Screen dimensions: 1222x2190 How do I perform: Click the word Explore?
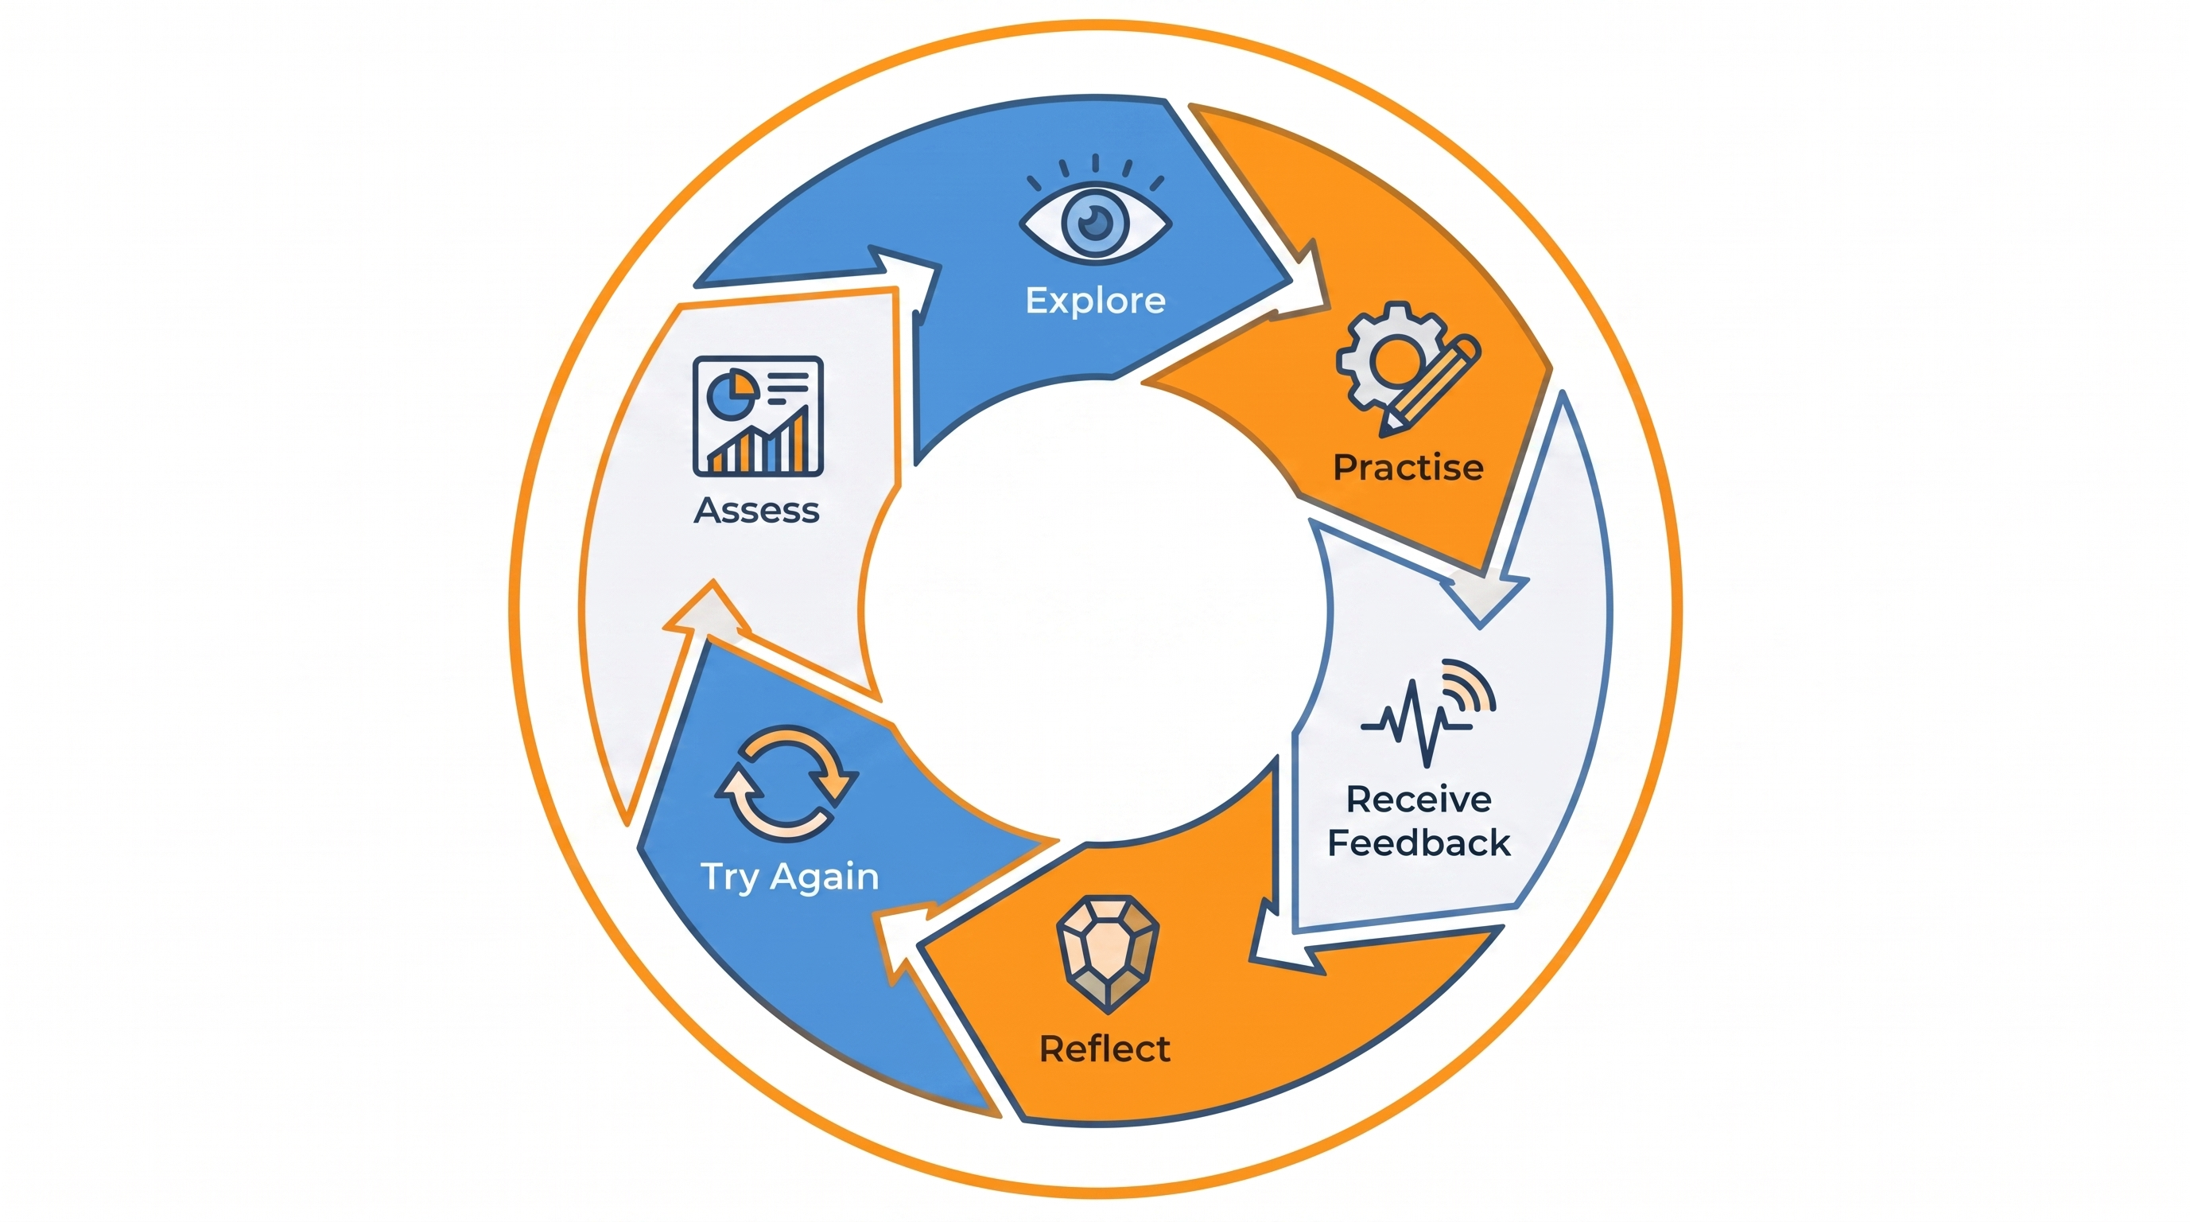[x=1095, y=300]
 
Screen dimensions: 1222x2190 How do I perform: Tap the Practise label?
[x=1408, y=468]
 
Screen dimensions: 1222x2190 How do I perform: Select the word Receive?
[x=1418, y=800]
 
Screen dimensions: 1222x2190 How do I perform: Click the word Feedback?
[x=1418, y=843]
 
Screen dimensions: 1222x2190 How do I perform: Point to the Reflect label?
[x=1105, y=1049]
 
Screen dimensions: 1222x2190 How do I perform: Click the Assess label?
[x=756, y=510]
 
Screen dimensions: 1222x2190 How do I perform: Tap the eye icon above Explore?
[x=1095, y=223]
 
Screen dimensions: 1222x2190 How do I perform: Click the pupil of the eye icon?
[x=1095, y=224]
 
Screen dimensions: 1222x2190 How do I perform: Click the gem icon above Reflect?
[x=1107, y=952]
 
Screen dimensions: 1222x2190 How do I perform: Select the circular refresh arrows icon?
[x=786, y=782]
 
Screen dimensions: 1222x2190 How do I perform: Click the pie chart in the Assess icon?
[x=731, y=393]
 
